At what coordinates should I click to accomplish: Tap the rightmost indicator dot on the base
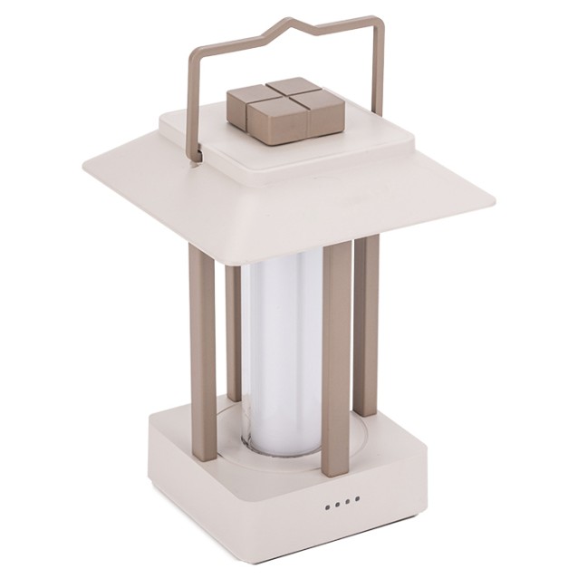357,497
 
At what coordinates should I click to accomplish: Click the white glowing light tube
277,353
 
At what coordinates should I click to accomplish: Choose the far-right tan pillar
366,326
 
